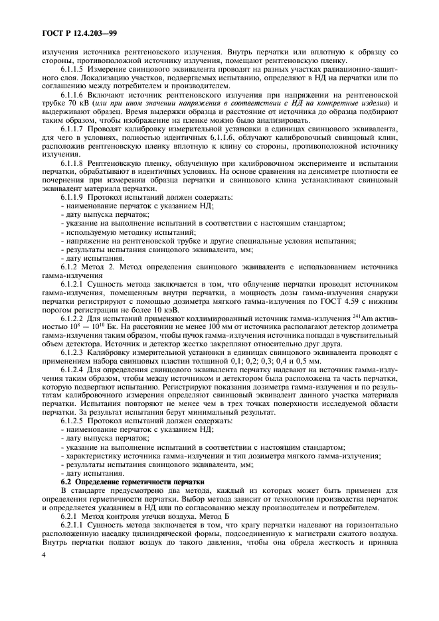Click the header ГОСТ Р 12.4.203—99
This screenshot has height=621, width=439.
[x=74, y=31]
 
